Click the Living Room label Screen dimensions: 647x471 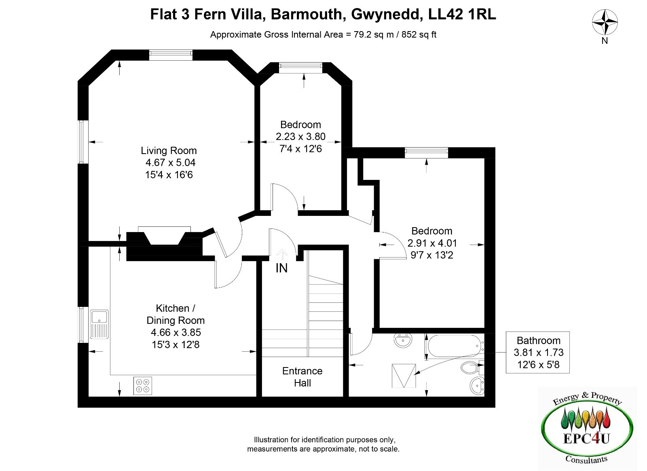pyautogui.click(x=169, y=151)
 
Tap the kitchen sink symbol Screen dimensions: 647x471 pyautogui.click(x=99, y=324)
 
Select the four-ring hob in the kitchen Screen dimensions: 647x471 pyautogui.click(x=143, y=386)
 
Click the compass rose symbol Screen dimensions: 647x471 pyautogui.click(x=605, y=22)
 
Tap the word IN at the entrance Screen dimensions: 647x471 pyautogui.click(x=281, y=268)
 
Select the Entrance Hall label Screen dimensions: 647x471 pyautogui.click(x=302, y=377)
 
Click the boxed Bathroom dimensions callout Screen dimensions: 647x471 pyautogui.click(x=538, y=352)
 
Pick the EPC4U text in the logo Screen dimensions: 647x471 pyautogui.click(x=586, y=439)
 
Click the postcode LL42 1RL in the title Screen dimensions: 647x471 pyautogui.click(x=462, y=15)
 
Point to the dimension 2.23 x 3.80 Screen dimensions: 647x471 pyautogui.click(x=301, y=137)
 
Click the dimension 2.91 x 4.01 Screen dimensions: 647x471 pyautogui.click(x=432, y=243)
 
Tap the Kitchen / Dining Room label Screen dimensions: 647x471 pyautogui.click(x=175, y=314)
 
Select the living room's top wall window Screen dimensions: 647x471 pyautogui.click(x=171, y=55)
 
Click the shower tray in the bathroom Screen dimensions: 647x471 pyautogui.click(x=404, y=376)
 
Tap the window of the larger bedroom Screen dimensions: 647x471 pyautogui.click(x=426, y=152)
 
